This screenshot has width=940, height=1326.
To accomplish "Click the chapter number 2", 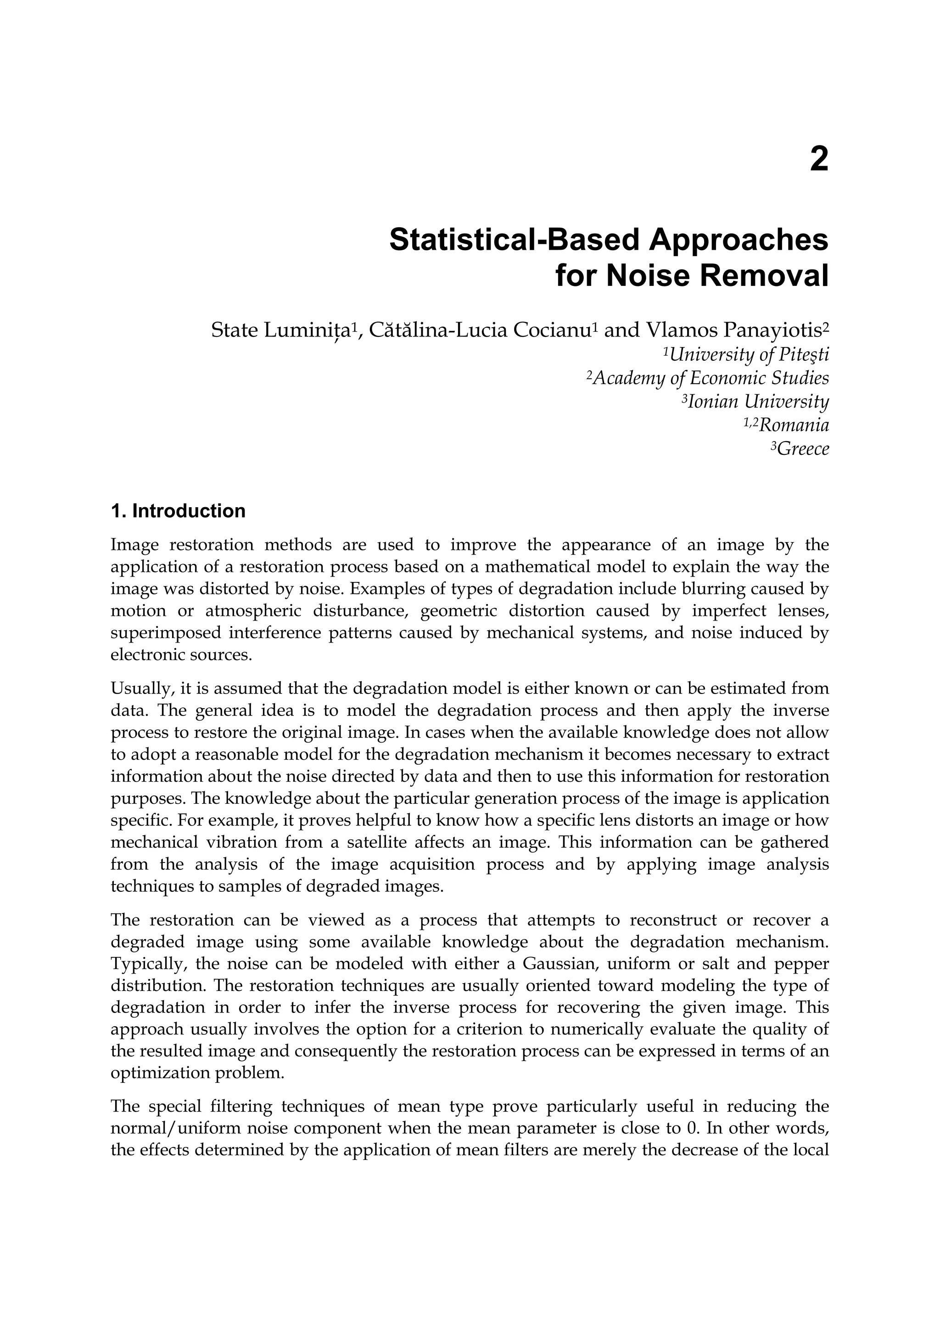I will pyautogui.click(x=818, y=159).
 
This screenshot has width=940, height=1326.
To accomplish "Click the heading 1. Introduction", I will pyautogui.click(x=178, y=511).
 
